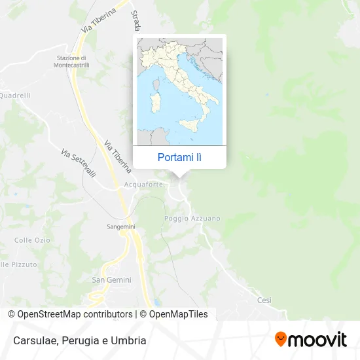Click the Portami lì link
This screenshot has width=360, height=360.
(179, 157)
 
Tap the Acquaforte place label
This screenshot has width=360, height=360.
(139, 185)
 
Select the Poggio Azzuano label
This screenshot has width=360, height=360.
(192, 218)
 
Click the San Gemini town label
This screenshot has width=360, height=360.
(111, 279)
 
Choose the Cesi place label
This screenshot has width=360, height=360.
(264, 300)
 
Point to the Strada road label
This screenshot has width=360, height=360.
(136, 20)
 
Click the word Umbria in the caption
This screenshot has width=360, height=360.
(130, 340)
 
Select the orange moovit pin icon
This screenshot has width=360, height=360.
(281, 339)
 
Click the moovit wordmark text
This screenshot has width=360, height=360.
(317, 340)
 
